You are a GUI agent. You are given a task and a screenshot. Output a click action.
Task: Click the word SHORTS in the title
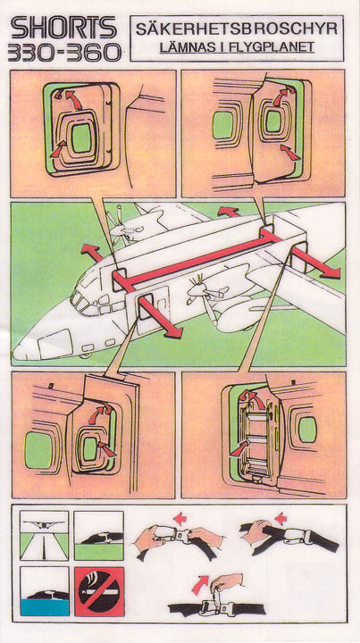[63, 28]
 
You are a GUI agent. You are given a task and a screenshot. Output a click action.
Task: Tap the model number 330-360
[64, 53]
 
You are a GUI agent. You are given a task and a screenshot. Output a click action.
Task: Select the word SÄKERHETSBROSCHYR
[237, 29]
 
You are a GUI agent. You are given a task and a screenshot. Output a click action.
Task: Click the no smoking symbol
[99, 591]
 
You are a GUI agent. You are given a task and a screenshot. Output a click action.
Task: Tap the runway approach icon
[45, 536]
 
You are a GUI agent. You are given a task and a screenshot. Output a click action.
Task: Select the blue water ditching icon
[45, 591]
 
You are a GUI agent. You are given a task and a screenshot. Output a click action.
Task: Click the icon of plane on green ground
[99, 536]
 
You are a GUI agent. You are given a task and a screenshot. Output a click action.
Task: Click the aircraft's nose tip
[15, 352]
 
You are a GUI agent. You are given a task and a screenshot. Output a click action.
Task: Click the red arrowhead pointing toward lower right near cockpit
[172, 330]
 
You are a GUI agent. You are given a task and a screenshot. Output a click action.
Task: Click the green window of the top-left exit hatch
[81, 138]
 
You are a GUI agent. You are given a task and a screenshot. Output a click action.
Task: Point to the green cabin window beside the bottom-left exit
[38, 451]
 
